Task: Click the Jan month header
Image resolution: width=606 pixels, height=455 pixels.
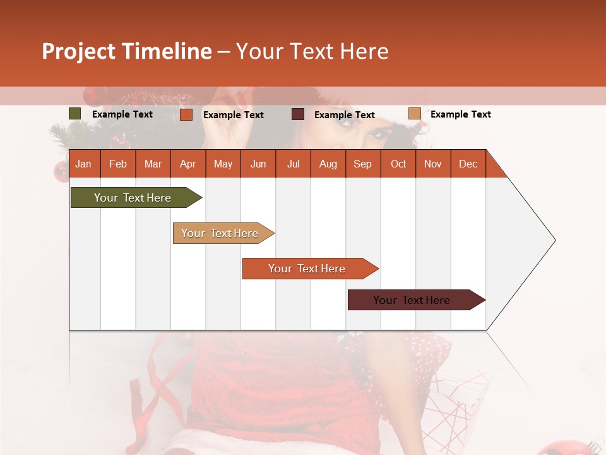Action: coord(84,164)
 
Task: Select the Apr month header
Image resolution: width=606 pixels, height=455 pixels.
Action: coord(188,164)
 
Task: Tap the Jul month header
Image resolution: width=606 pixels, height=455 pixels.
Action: coord(293,164)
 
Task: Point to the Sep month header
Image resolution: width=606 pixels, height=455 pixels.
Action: coord(363,164)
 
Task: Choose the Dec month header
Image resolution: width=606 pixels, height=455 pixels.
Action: coord(468,164)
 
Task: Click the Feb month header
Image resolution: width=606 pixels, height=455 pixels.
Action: coord(118,164)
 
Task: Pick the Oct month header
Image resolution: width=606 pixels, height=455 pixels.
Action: coord(398,164)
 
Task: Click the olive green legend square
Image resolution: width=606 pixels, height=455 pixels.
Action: coord(75,114)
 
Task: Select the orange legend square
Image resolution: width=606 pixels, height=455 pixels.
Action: coord(186,114)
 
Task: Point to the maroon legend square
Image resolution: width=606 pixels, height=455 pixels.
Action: coord(298,114)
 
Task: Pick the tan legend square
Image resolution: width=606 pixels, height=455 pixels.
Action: coord(415,114)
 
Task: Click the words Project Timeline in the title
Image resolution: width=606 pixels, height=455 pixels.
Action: coord(126,51)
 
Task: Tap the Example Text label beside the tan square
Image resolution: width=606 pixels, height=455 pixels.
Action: coord(460,114)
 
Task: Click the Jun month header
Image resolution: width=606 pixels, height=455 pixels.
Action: coord(258,164)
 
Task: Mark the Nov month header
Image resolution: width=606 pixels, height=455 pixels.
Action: coord(433,164)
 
